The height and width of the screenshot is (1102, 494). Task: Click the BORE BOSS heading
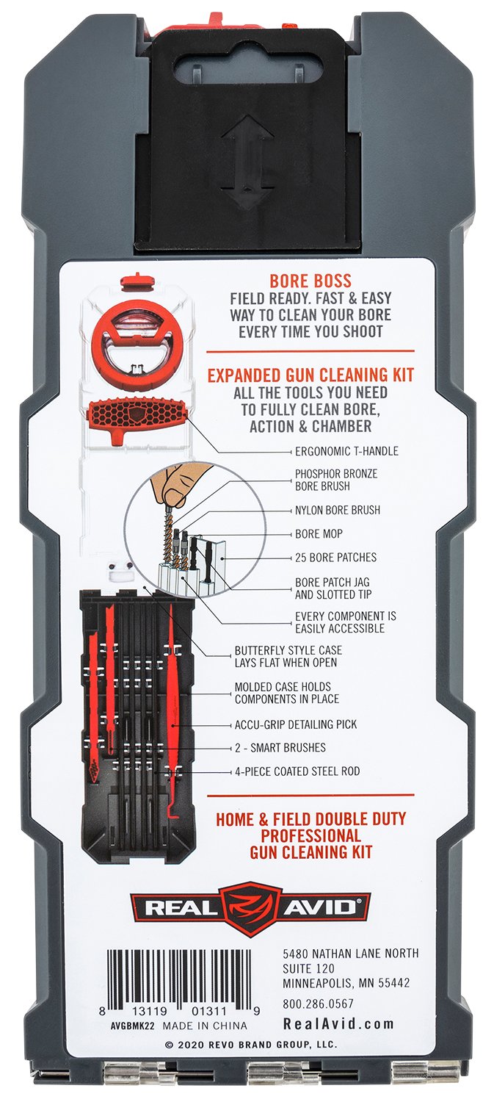(310, 281)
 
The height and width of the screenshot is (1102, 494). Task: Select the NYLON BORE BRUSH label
(337, 510)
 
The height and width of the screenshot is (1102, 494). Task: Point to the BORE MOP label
(319, 533)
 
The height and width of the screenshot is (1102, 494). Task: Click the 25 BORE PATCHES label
(335, 558)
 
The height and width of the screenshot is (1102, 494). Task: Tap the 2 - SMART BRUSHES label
(280, 748)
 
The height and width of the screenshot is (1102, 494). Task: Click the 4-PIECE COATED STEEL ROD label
(297, 771)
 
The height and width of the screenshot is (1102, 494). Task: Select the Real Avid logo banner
(250, 907)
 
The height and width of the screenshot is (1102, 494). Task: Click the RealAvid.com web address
(338, 1024)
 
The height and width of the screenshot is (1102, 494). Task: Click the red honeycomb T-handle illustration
(138, 417)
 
